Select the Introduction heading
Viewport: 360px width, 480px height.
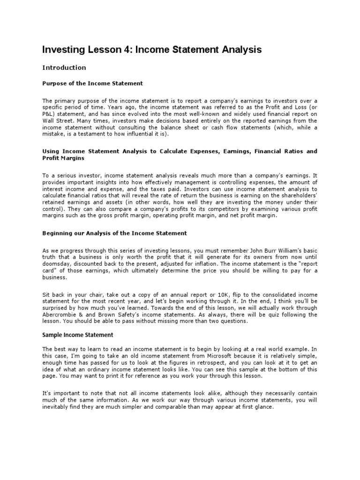coord(64,67)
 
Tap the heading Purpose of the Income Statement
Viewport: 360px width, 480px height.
coord(92,83)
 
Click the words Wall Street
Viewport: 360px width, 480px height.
coord(58,120)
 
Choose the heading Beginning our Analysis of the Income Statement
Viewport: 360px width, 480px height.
coord(114,233)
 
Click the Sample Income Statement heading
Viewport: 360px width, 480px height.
coord(77,335)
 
